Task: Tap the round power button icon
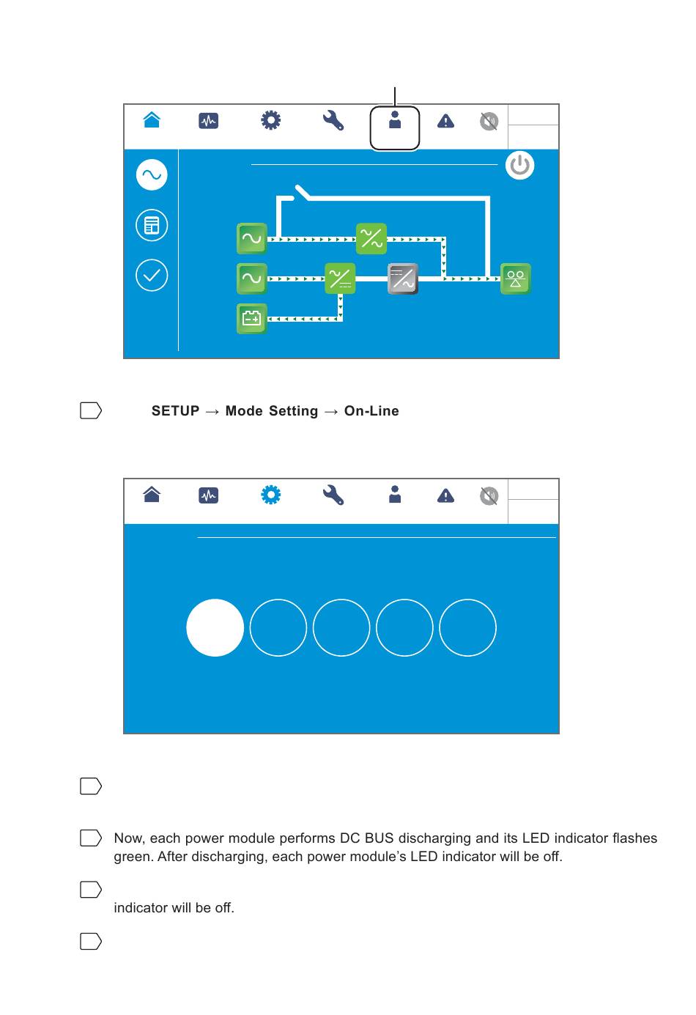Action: point(519,165)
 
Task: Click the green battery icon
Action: point(251,318)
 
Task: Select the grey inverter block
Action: point(402,278)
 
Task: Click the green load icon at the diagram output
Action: point(515,278)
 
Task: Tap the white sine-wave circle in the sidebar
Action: point(152,175)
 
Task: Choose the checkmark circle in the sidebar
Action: point(152,276)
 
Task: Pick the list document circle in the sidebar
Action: point(152,225)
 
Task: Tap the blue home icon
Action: point(152,120)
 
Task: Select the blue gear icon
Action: point(270,495)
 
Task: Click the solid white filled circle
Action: point(215,627)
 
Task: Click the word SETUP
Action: point(175,411)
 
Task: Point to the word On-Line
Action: point(371,411)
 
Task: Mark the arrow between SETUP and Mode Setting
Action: point(212,412)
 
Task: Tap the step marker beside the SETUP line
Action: point(90,410)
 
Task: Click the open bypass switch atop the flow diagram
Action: point(301,193)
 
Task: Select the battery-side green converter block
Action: point(340,278)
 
